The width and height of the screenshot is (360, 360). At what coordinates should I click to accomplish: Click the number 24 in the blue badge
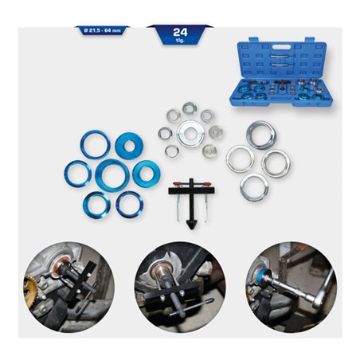click(x=179, y=33)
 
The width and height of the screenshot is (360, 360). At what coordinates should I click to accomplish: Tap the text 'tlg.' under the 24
click(x=179, y=41)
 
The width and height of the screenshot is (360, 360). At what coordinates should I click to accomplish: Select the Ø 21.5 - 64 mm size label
click(x=100, y=30)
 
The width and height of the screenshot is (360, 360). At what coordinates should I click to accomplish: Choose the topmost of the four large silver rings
click(x=260, y=135)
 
